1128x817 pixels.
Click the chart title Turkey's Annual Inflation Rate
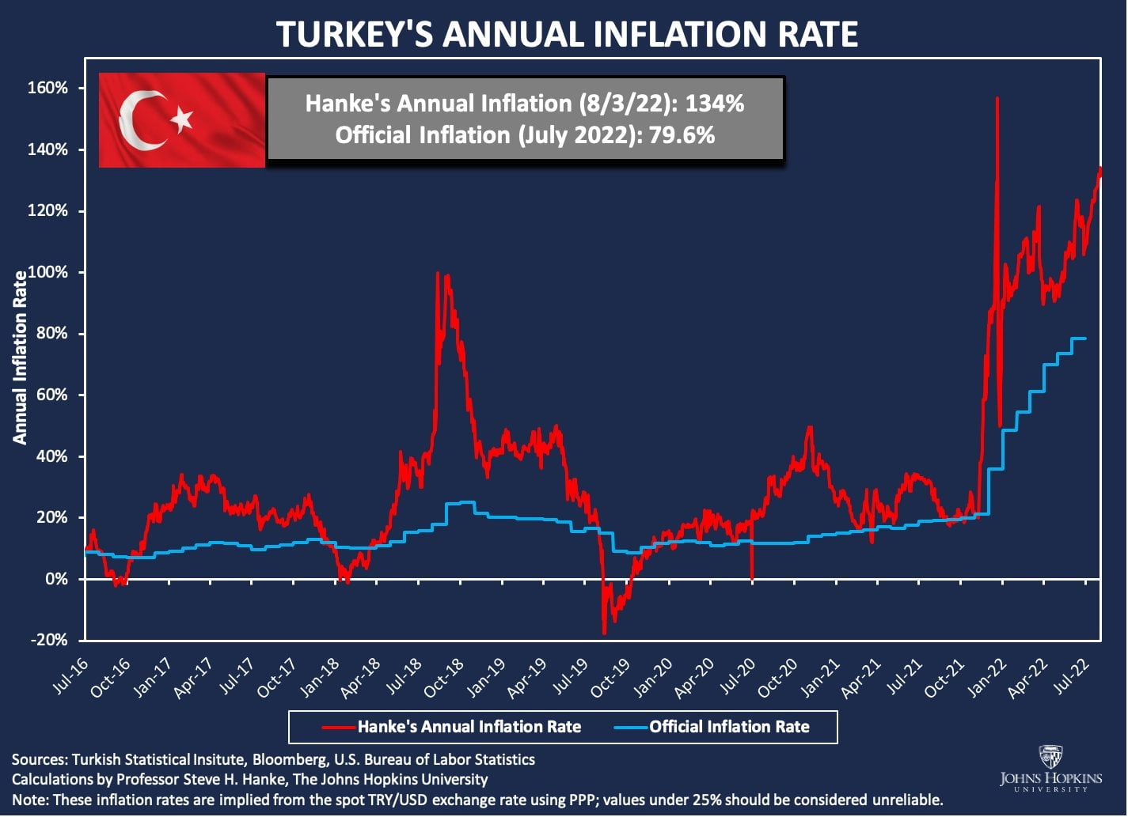[x=566, y=35]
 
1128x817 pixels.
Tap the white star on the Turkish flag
[x=182, y=119]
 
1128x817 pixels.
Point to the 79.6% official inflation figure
[x=682, y=135]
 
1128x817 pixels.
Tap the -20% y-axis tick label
[x=49, y=640]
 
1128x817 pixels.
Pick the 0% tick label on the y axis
[x=56, y=579]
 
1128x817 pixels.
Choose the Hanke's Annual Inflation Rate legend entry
[x=469, y=727]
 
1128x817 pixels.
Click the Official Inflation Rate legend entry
[x=729, y=727]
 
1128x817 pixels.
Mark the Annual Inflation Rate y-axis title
[x=20, y=357]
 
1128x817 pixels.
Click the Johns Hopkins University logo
[x=1050, y=770]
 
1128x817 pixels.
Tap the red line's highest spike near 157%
[x=997, y=100]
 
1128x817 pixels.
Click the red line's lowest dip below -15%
[x=604, y=632]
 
